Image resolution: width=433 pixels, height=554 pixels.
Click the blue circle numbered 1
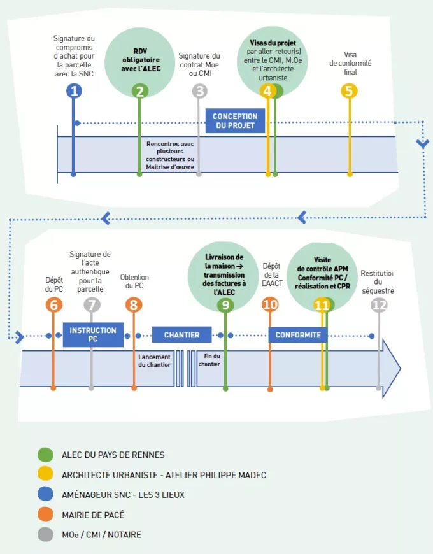coord(75,91)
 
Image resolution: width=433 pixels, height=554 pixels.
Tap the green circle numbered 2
coord(139,91)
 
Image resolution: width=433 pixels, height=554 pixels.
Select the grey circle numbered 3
coord(200,91)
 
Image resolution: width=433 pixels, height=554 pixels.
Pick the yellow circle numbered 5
coord(348,91)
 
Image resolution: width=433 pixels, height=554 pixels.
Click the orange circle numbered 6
coord(53,305)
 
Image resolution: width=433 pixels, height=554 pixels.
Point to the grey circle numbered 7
coord(92,305)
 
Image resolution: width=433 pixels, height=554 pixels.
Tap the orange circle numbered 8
coord(133,305)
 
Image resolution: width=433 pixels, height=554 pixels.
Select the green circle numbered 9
coord(225,305)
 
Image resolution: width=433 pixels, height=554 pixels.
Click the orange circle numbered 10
coord(270,305)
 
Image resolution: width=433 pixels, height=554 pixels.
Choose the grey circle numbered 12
coord(379,305)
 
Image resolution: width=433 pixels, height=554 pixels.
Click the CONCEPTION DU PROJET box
coord(235,121)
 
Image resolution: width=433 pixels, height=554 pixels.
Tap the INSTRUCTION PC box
coord(93,335)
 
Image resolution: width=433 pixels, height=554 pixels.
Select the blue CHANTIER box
coord(181,335)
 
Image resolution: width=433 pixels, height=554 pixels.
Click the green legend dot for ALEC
coord(45,455)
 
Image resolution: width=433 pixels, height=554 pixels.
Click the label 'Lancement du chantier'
coord(154,361)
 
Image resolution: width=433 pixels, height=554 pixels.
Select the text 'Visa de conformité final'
coord(350,63)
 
